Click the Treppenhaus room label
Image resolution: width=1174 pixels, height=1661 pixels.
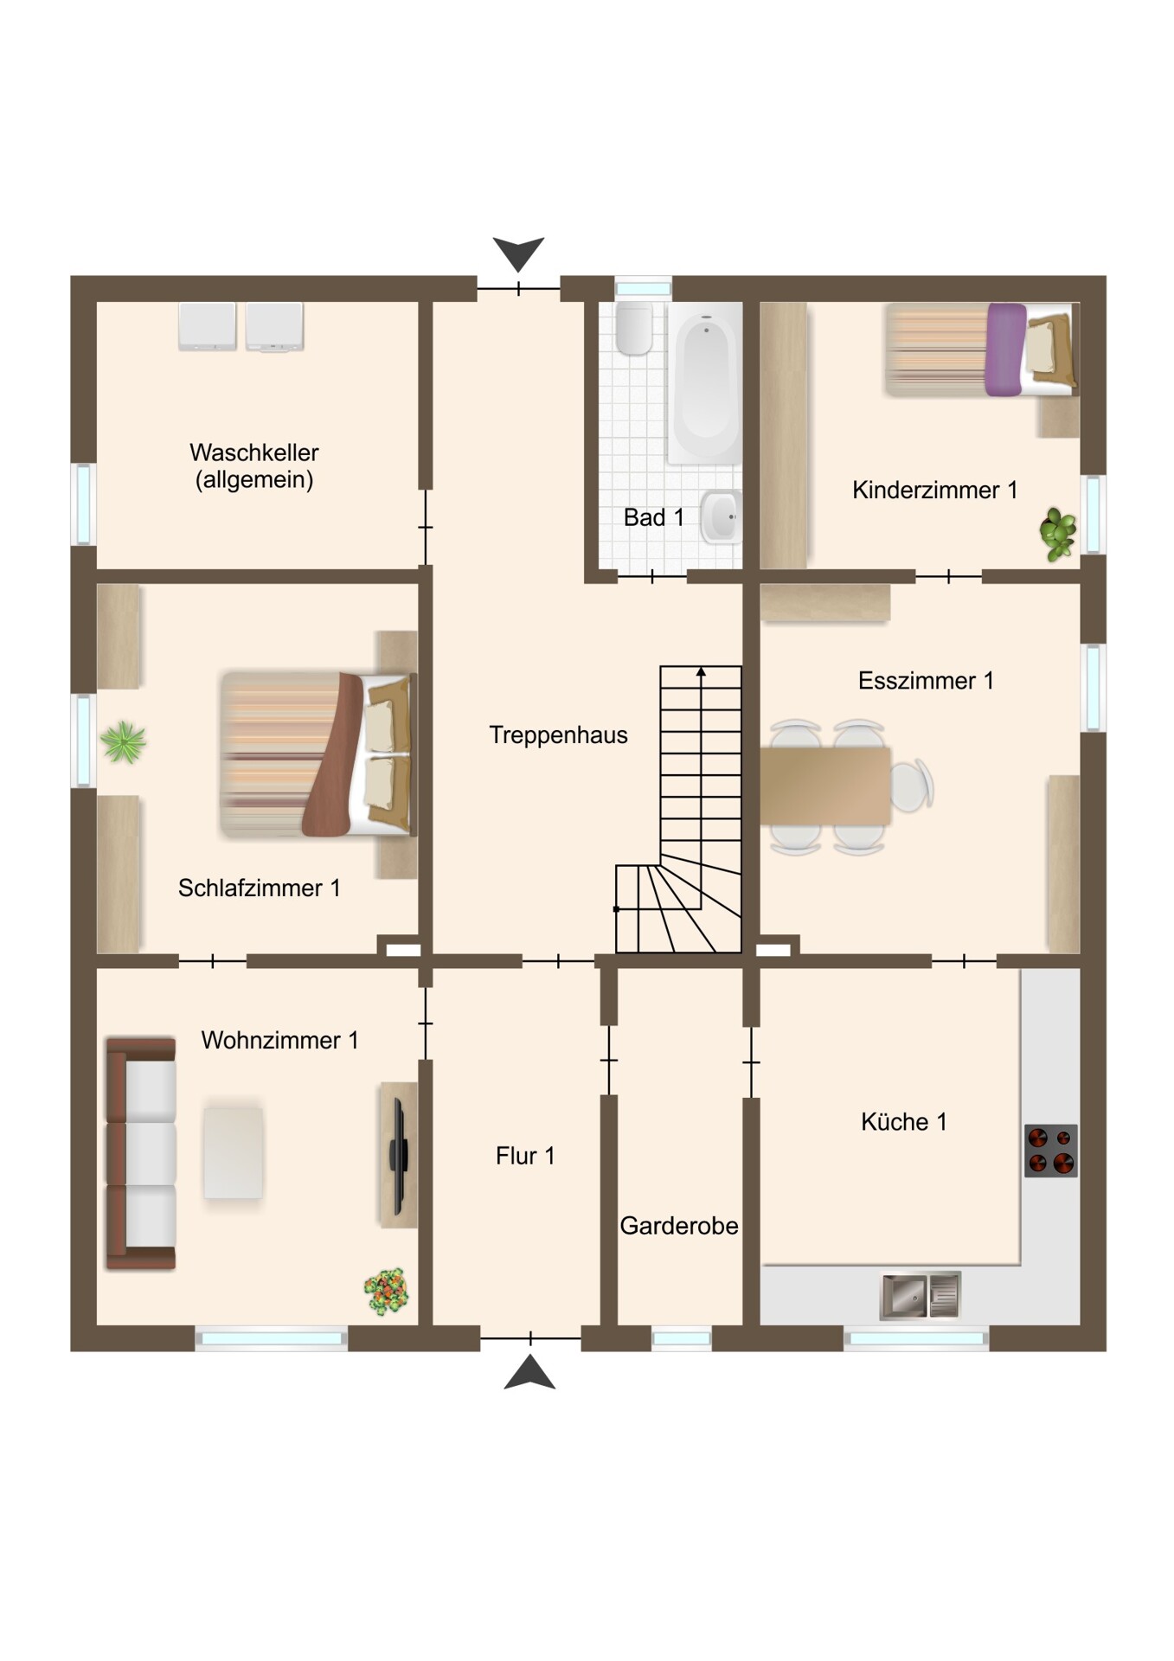(x=558, y=735)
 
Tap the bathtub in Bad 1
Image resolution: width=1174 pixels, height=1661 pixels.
(x=705, y=382)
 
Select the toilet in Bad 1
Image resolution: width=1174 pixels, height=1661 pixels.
(x=634, y=328)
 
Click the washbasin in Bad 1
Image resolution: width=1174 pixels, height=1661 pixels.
(x=721, y=516)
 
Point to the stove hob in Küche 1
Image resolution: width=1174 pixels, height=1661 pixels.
(x=1051, y=1151)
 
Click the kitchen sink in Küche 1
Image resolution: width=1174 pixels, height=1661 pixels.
(x=921, y=1295)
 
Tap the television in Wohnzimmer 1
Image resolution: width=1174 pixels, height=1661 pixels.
(x=398, y=1155)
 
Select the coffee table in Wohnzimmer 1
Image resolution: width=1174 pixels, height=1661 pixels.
(x=233, y=1153)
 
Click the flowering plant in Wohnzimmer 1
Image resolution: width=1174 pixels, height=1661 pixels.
(x=386, y=1292)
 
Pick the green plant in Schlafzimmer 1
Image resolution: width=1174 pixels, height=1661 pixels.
(x=123, y=742)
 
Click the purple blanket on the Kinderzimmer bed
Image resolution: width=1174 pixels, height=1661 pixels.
(x=1005, y=350)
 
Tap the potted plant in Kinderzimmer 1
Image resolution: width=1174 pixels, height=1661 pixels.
(x=1057, y=534)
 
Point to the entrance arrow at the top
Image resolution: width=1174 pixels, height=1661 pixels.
(x=518, y=253)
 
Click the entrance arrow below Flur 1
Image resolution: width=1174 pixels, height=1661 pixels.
(x=529, y=1373)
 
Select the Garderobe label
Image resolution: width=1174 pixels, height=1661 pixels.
(x=679, y=1226)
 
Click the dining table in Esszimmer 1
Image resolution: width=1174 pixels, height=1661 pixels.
(x=825, y=786)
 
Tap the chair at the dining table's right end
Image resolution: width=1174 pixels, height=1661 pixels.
(x=912, y=786)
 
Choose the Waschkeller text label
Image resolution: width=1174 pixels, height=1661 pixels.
(x=254, y=452)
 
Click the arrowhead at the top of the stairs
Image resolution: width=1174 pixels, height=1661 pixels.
(x=701, y=670)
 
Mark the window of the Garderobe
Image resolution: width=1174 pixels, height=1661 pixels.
(x=681, y=1338)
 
